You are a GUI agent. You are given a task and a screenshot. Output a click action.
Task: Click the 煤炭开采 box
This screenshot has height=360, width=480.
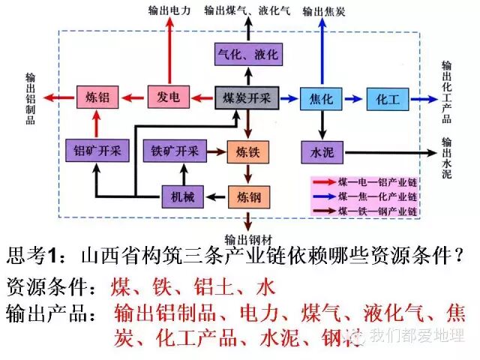(x=247, y=97)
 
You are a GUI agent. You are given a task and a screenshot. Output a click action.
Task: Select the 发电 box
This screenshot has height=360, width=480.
(x=169, y=97)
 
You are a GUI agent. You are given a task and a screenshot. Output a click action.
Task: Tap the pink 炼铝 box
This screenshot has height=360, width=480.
(x=98, y=97)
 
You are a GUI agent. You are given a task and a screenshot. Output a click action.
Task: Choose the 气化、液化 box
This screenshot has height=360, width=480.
(x=247, y=55)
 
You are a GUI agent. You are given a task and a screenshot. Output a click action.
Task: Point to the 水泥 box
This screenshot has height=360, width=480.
(x=321, y=152)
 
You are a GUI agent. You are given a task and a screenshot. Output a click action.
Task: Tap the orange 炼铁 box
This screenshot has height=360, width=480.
(x=247, y=152)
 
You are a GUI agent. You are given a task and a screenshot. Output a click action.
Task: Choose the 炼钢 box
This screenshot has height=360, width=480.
(x=247, y=198)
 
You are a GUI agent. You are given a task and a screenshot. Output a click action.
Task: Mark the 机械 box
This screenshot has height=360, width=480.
(x=182, y=197)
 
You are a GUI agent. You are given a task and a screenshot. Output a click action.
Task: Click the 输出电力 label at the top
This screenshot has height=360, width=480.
(x=169, y=9)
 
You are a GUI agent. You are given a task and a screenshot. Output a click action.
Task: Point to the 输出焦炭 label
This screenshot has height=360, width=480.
(x=324, y=10)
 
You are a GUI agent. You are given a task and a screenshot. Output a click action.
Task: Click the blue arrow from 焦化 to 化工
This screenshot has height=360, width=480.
(x=355, y=97)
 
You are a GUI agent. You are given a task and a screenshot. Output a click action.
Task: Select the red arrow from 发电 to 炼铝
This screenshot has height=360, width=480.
(x=133, y=97)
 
